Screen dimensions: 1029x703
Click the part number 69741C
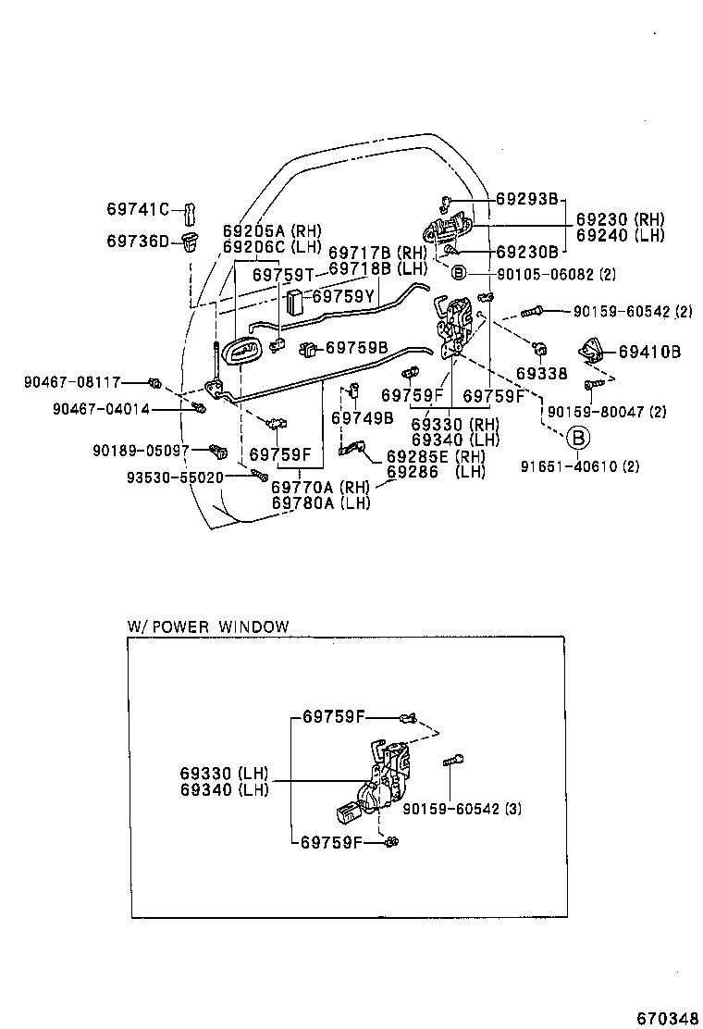[x=137, y=210]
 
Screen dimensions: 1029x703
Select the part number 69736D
[x=137, y=241]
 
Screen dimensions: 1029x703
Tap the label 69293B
[x=526, y=198]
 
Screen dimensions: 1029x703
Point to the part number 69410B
[x=649, y=352]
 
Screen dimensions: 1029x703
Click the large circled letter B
[x=577, y=438]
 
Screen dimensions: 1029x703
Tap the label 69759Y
[x=342, y=297]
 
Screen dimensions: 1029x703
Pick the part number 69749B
[x=362, y=418]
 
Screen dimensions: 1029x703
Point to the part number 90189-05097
[x=141, y=450]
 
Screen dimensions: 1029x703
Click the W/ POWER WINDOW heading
[x=208, y=626]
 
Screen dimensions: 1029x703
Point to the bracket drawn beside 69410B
[x=591, y=352]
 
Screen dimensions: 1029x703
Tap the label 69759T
[x=284, y=275]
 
